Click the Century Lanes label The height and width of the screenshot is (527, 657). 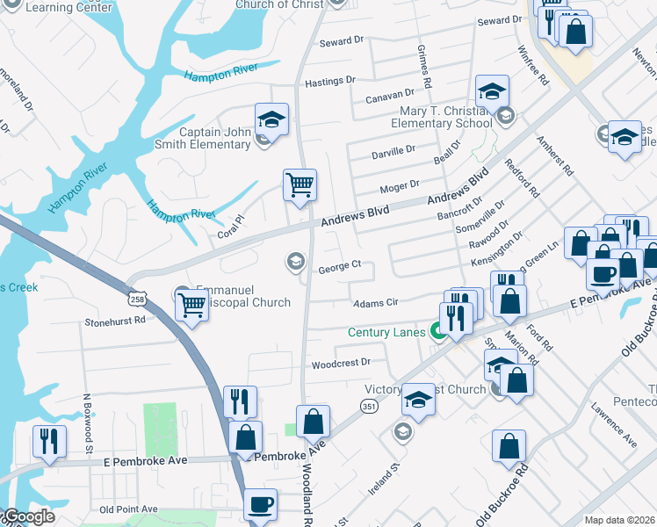386,332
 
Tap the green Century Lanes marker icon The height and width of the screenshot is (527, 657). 437,331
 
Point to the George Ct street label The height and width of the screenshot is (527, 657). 340,265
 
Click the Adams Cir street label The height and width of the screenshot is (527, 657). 376,303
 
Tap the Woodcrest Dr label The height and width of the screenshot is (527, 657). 342,362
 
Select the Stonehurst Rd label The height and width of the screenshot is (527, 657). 114,322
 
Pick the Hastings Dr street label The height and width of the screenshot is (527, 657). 329,81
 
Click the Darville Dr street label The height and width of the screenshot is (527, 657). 393,150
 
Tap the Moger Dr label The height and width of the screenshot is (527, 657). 399,188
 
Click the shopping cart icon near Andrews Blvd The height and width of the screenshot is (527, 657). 300,185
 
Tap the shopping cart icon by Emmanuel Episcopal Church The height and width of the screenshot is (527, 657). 191,305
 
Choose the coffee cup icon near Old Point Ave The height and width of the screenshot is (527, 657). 260,504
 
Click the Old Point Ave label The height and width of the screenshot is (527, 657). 128,509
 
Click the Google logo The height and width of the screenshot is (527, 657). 28,517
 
